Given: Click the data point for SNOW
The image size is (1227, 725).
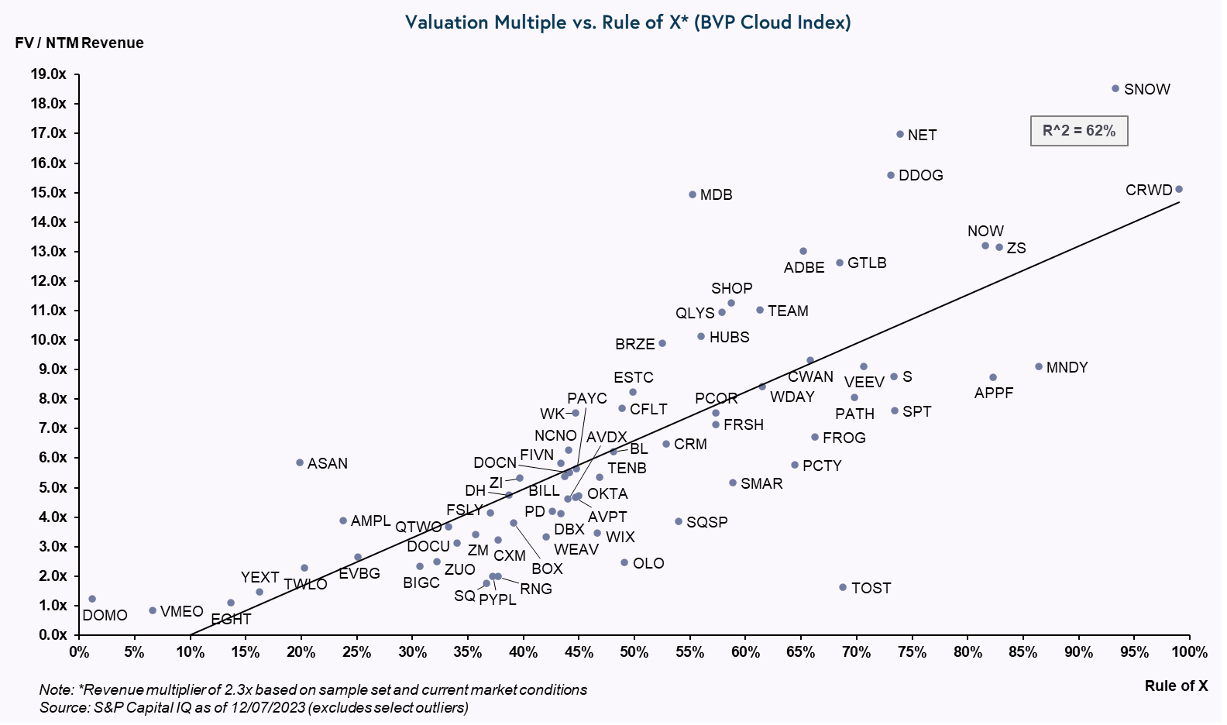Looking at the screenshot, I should tap(1115, 89).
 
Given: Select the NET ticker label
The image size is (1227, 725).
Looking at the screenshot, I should tap(922, 136).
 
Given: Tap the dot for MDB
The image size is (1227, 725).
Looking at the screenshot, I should tap(693, 194).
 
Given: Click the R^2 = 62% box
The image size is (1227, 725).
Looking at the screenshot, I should tap(1079, 131).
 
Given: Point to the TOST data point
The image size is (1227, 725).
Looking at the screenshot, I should tap(843, 587).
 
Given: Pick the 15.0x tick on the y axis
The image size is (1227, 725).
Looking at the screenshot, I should tap(48, 192).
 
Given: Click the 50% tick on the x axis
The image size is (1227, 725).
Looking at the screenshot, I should tap(634, 652).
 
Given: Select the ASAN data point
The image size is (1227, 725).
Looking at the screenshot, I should tap(300, 462).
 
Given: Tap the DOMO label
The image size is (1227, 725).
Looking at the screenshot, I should tap(105, 616).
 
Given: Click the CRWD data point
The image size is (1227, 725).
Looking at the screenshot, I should tap(1179, 189).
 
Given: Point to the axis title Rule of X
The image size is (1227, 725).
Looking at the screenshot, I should tap(1176, 685).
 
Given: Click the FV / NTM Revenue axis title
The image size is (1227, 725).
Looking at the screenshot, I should tap(79, 43).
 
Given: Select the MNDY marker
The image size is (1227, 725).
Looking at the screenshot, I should tap(1039, 366).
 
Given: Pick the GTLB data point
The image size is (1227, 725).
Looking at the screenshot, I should tap(840, 263).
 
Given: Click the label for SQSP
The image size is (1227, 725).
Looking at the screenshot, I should tap(706, 523).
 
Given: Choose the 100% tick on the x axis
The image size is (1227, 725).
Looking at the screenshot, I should tap(1189, 652).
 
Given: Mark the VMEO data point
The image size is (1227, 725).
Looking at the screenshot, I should tap(153, 610).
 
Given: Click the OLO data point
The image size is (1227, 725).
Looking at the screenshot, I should tap(624, 562).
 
